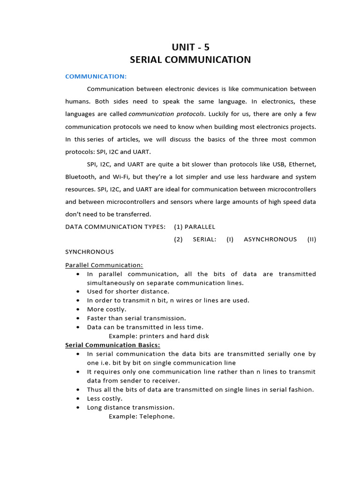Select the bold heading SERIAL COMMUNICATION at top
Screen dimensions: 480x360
(x=190, y=60)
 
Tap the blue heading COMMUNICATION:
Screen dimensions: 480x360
(x=96, y=76)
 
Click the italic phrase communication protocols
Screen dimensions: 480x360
(x=166, y=114)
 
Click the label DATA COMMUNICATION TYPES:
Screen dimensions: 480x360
(x=115, y=227)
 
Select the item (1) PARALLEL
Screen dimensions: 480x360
(x=195, y=227)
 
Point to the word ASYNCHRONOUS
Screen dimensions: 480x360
(x=270, y=239)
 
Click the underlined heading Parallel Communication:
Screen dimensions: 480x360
(x=104, y=265)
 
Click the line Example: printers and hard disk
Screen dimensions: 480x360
(x=159, y=336)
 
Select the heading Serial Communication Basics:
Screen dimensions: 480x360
(x=112, y=345)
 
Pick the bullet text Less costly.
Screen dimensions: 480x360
(x=105, y=398)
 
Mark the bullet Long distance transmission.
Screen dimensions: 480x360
(x=131, y=407)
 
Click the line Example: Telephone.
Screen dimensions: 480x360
(x=142, y=416)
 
